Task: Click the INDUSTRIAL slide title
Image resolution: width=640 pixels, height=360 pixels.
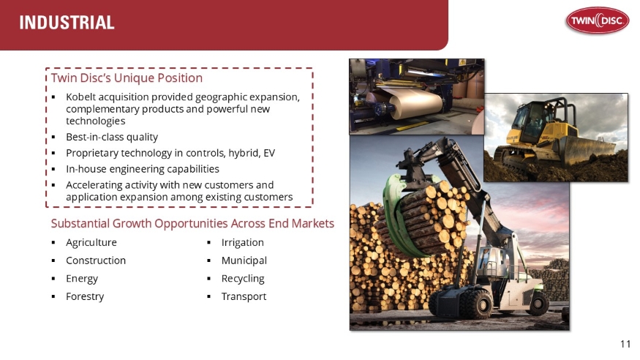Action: point(67,23)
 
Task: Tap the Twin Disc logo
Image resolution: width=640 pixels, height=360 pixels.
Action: point(596,22)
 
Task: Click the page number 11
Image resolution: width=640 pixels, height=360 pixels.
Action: point(625,344)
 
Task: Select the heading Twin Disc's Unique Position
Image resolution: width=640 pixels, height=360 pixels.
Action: point(127,78)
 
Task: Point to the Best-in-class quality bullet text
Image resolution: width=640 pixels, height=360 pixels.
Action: point(111,137)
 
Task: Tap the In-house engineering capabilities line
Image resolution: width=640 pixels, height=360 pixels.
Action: point(142,169)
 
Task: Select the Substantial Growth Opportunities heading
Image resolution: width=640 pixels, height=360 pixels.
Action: point(192,223)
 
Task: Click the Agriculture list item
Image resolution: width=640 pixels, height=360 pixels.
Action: point(91,243)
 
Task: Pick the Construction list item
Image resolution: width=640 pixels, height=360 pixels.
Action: point(95,260)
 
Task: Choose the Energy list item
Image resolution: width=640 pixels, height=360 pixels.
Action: point(81,279)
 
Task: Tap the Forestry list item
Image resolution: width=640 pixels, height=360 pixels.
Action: point(85,296)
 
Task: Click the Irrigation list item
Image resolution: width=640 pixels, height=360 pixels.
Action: point(242,243)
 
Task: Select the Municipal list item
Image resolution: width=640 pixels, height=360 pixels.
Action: point(244,260)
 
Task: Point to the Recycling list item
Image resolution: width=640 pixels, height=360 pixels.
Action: point(243,279)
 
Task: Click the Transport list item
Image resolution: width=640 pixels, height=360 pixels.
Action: point(244,296)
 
